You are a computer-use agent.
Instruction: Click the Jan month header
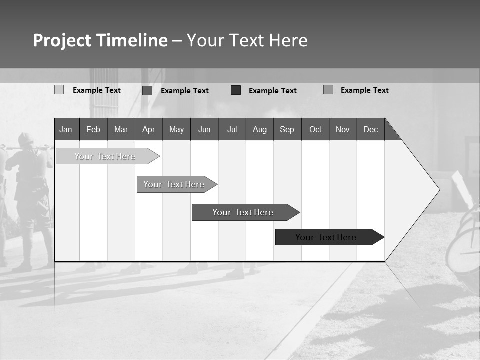[x=66, y=130]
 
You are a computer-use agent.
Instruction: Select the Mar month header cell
[x=121, y=130]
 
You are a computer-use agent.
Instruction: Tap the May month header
[x=176, y=130]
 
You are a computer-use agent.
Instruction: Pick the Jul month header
[x=232, y=130]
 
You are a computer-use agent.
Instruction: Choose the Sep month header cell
[x=287, y=130]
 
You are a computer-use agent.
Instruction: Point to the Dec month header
[x=370, y=130]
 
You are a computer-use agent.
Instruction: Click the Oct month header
[x=315, y=130]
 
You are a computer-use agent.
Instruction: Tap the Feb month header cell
[x=93, y=130]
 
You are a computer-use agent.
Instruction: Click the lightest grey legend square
[x=59, y=90]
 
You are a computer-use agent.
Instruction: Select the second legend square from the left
[x=147, y=90]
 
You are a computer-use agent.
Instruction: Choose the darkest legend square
[x=236, y=90]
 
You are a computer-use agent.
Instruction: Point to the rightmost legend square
[x=328, y=90]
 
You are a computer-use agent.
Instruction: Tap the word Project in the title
[x=61, y=40]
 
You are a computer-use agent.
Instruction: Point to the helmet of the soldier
[x=26, y=139]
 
